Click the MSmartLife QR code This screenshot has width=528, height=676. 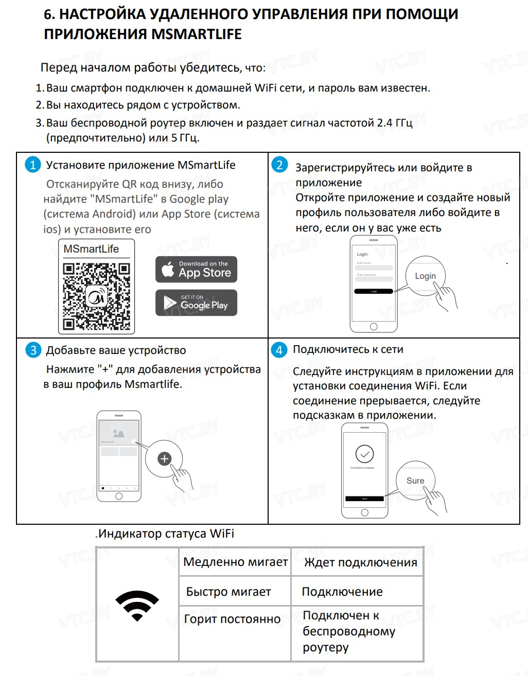96,296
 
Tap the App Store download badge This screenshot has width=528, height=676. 196,270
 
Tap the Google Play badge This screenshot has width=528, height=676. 196,303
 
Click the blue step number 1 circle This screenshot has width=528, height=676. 32,165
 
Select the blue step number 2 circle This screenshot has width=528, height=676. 279,165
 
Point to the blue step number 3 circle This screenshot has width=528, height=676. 33,350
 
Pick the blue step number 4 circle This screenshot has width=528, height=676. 279,350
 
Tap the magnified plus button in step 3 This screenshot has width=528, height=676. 164,458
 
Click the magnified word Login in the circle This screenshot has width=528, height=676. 425,276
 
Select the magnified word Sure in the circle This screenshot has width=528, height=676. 415,481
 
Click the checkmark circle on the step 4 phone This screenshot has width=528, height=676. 364,454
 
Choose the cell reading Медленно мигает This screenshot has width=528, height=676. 235,562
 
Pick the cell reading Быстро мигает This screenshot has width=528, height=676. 228,592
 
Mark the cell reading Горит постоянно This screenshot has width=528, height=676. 232,619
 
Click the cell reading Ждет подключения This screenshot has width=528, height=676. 360,562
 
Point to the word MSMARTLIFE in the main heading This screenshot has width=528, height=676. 196,34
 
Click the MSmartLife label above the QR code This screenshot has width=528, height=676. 91,249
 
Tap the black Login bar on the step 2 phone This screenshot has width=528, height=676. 374,291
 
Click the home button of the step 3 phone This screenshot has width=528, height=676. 119,496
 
